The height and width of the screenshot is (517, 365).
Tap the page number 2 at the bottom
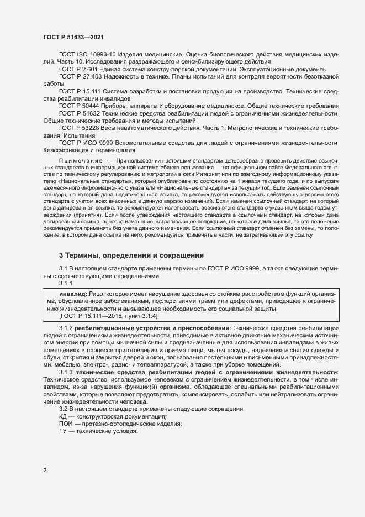(45, 471)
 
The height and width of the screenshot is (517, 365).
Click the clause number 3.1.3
(66, 373)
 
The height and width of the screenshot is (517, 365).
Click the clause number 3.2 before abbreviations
(64, 409)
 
